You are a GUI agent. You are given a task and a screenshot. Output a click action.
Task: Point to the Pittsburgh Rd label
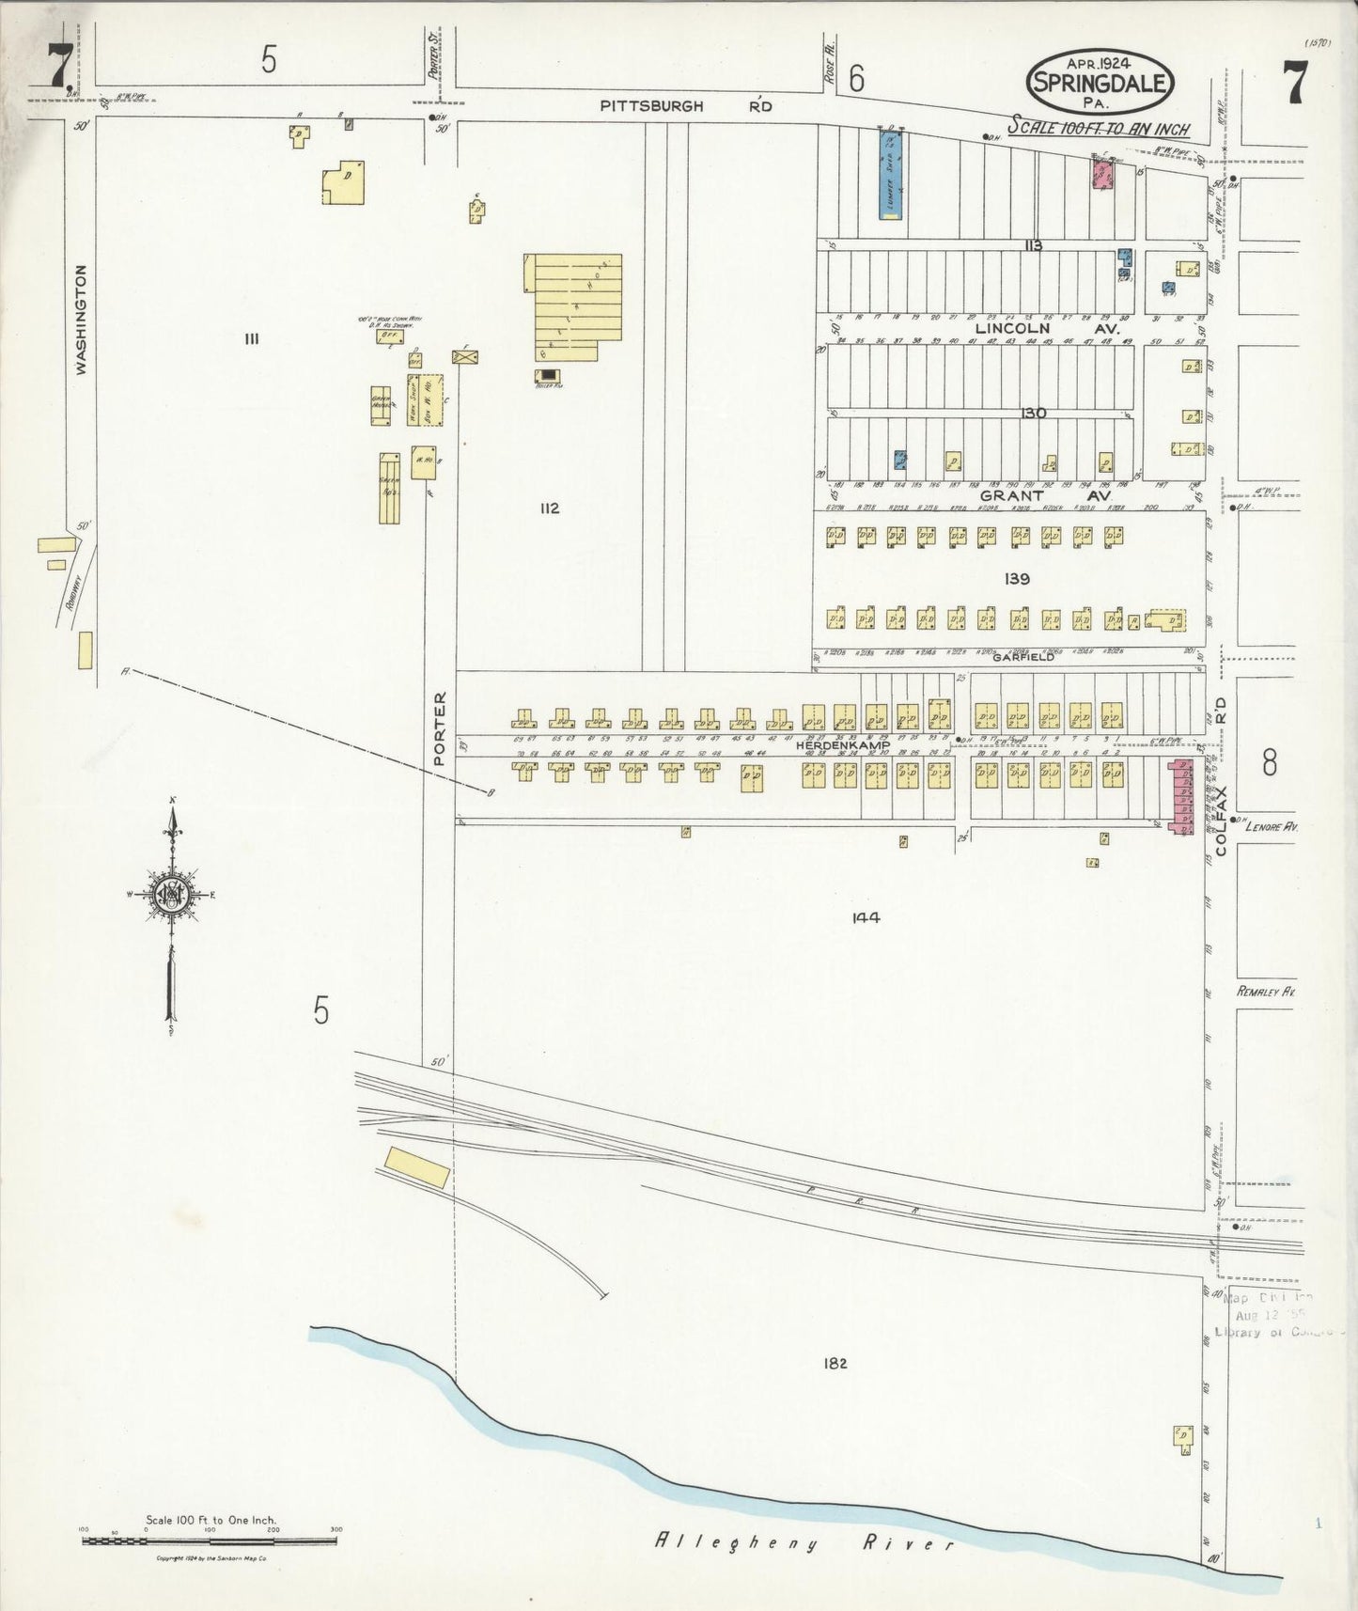pyautogui.click(x=686, y=107)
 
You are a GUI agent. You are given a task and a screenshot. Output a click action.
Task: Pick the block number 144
pyautogui.click(x=866, y=918)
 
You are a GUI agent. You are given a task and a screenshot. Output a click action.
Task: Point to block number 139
pyautogui.click(x=1017, y=579)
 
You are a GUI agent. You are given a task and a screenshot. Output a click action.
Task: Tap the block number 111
pyautogui.click(x=250, y=339)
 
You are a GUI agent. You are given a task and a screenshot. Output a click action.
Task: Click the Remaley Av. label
pyautogui.click(x=1265, y=992)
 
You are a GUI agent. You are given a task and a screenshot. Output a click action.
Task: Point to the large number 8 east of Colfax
pyautogui.click(x=1269, y=763)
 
